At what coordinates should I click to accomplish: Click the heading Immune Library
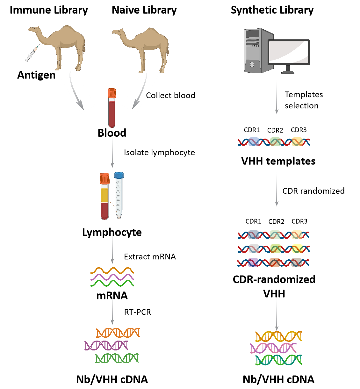point(49,10)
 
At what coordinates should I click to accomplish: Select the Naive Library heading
point(144,10)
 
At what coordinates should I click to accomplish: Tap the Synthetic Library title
point(272,10)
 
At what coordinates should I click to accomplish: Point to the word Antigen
point(36,75)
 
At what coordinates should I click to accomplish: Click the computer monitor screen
point(288,52)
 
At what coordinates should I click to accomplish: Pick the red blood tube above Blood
point(112,108)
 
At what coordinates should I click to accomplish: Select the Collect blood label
point(170,95)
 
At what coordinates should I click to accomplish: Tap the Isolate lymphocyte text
point(159,153)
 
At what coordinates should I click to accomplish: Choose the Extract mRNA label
point(150,257)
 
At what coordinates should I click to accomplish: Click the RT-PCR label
point(137,312)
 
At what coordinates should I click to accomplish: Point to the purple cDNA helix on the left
point(106,345)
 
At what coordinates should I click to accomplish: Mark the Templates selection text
point(304,100)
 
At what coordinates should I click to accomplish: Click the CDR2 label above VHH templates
point(275,130)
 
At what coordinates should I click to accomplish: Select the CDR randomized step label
point(313,191)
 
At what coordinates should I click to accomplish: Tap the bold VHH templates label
point(278,161)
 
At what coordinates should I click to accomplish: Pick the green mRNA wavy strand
point(112,283)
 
